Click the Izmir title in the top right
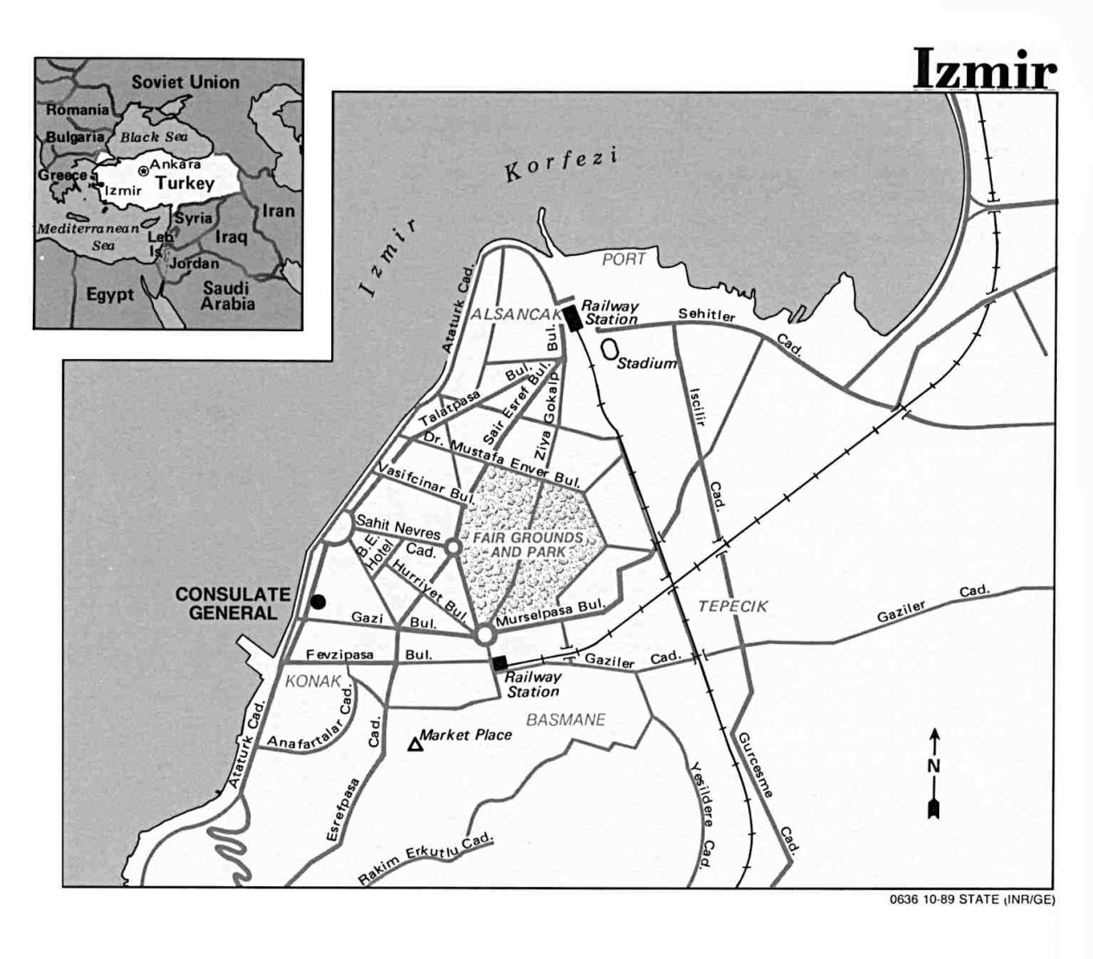click(985, 70)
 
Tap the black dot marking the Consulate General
click(318, 601)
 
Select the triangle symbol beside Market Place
click(415, 743)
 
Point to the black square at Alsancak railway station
click(572, 317)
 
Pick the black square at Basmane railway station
click(500, 663)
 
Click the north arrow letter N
click(934, 765)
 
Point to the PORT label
click(624, 259)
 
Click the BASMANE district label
click(566, 719)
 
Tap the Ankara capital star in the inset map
click(144, 171)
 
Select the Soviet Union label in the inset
click(185, 82)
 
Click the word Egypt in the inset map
click(110, 294)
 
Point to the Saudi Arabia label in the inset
click(227, 296)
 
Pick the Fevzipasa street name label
click(340, 655)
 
